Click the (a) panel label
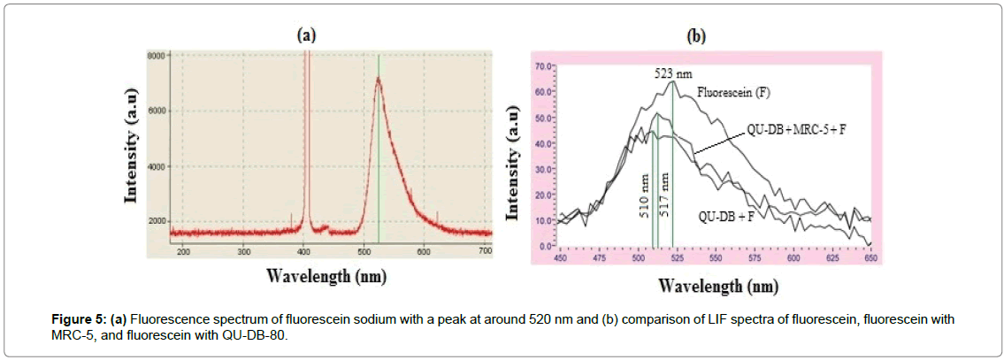(x=306, y=35)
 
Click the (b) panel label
(x=696, y=37)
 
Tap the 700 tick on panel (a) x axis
(x=484, y=253)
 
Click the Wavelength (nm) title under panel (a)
(x=326, y=276)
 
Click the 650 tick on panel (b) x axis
(x=870, y=259)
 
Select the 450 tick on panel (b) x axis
(x=560, y=259)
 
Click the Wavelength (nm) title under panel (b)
(x=717, y=286)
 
